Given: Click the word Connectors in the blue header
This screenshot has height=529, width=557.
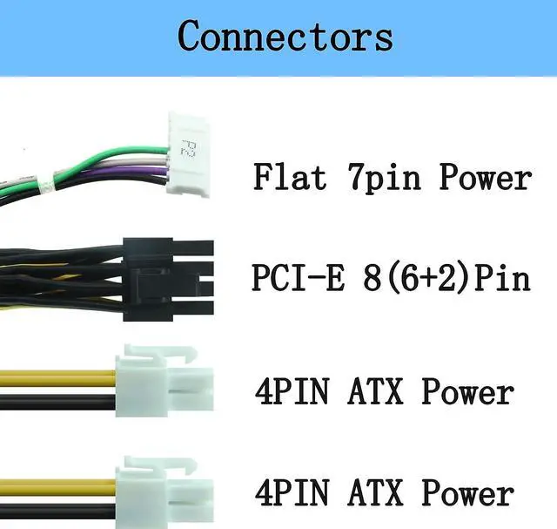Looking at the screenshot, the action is pos(285,36).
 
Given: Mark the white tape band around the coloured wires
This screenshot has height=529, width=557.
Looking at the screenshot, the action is pos(54,184).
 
